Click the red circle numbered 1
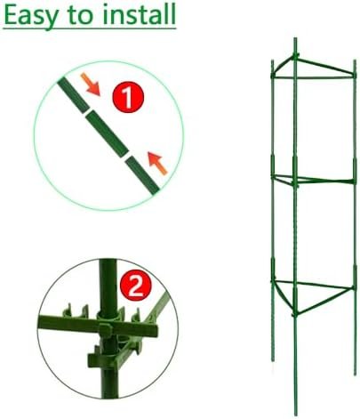128,97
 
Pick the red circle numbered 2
136,286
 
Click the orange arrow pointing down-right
91,85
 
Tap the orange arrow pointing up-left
157,163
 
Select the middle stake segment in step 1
107,133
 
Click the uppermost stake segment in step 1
73,94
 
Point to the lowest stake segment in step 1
142,176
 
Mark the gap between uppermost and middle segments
87,110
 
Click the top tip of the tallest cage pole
295,38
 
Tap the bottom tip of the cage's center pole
295,415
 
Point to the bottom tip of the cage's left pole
273,360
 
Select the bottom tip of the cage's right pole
355,374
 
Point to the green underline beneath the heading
90,28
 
